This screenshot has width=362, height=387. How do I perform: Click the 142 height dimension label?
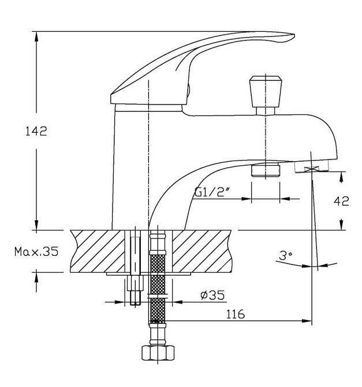[x=36, y=131]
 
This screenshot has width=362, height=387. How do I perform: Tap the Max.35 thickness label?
[x=36, y=251]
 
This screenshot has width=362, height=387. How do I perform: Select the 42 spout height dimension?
[x=341, y=201]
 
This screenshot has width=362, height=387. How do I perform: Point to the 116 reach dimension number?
[x=236, y=314]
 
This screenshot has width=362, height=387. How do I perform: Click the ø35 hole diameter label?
[x=212, y=295]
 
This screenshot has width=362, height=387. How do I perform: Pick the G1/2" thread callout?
[x=210, y=192]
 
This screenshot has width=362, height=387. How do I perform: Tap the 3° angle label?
[x=285, y=255]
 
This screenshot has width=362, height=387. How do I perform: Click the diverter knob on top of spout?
[x=266, y=95]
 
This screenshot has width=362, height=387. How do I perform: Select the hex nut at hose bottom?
[x=158, y=353]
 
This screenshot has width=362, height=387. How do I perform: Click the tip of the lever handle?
[x=294, y=35]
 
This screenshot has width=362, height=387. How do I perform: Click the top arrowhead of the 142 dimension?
[x=36, y=37]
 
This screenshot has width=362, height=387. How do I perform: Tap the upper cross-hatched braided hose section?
[x=158, y=263]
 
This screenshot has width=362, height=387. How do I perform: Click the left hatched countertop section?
[x=98, y=251]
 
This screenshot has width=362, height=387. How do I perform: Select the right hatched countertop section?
[x=201, y=251]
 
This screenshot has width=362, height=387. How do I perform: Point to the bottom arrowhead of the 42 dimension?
[x=341, y=224]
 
